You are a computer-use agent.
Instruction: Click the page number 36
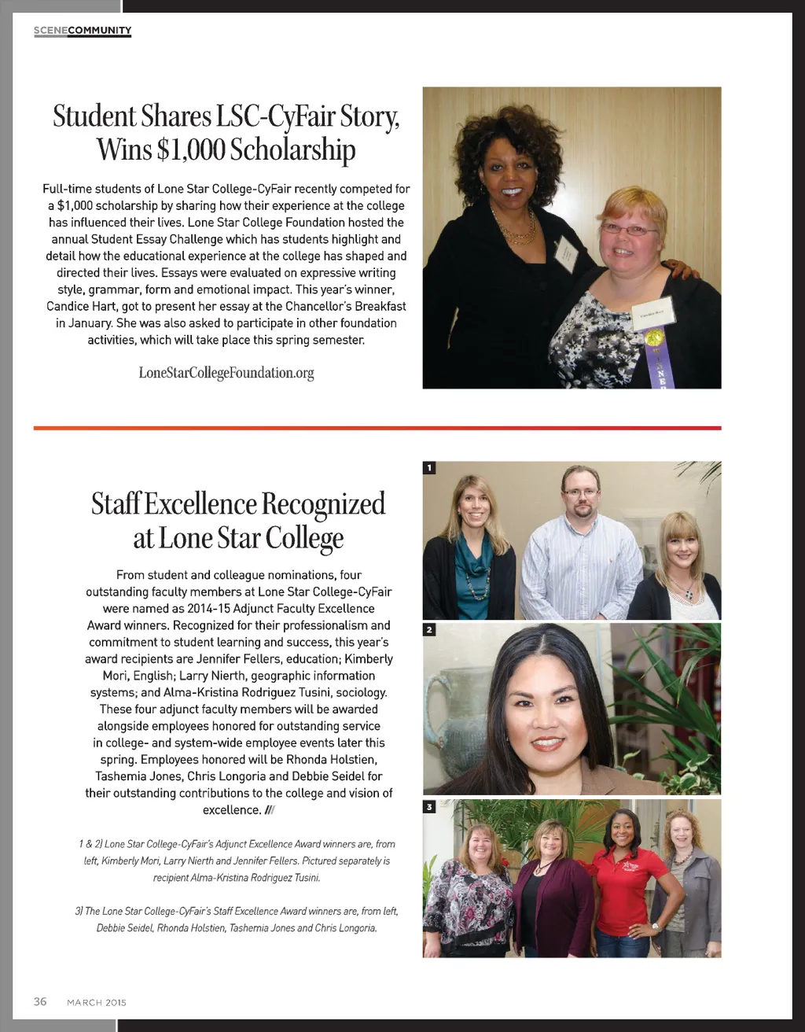point(40,1001)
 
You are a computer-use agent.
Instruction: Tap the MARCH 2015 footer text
point(96,1002)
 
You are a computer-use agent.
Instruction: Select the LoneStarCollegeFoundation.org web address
point(226,373)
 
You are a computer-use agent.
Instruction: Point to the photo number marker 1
point(429,468)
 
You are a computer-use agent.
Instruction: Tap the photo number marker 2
point(429,630)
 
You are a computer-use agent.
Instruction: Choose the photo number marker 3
point(429,806)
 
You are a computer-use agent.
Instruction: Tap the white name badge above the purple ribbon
point(653,312)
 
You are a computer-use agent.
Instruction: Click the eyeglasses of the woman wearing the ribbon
point(628,230)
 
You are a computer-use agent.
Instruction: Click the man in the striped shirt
point(582,551)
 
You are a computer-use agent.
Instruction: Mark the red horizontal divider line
point(377,428)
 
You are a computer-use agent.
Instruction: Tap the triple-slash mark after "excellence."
point(270,810)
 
